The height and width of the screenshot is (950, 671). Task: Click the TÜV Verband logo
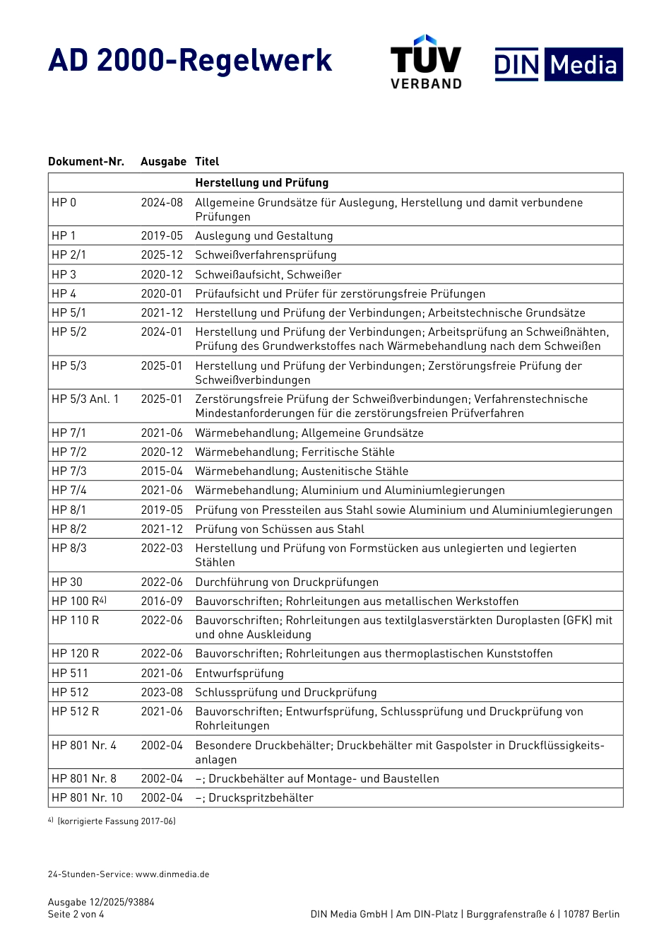click(426, 61)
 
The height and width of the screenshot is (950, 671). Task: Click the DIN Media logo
click(558, 64)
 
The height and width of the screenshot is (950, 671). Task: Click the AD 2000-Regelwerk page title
click(190, 61)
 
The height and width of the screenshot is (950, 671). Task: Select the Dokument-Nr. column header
click(86, 161)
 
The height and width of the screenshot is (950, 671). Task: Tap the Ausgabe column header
click(163, 161)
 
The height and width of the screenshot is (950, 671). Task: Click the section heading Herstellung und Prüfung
click(262, 182)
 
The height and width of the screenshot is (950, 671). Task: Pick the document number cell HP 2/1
click(69, 254)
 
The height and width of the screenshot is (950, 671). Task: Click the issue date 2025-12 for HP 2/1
click(162, 254)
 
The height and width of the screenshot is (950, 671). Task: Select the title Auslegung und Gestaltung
click(264, 235)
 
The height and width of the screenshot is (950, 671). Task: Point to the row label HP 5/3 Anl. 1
click(85, 399)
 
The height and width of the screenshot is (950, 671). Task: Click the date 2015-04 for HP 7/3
click(162, 471)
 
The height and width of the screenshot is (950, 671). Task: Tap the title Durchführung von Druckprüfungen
click(287, 582)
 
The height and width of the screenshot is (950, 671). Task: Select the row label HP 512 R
click(75, 711)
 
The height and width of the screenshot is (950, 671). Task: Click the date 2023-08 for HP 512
click(162, 692)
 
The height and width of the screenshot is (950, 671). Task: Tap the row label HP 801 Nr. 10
click(87, 797)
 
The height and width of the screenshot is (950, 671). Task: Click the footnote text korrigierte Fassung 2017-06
click(117, 821)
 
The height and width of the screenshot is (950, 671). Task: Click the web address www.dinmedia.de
click(172, 874)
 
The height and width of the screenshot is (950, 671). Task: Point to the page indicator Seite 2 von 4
click(76, 914)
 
